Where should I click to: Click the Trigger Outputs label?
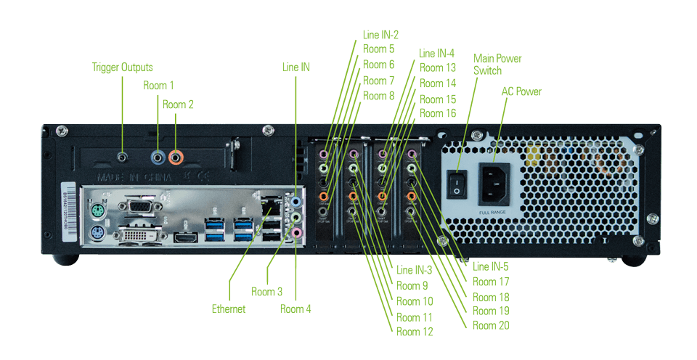coord(122,67)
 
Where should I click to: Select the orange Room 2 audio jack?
coord(175,155)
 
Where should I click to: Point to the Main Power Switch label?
coord(497,65)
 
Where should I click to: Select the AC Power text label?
coord(521,92)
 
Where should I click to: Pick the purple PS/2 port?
coord(97,234)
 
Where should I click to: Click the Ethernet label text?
coord(229,309)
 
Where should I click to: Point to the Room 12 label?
coord(414,332)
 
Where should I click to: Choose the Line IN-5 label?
coord(490,267)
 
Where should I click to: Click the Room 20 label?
coord(490,325)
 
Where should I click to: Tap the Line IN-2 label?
coord(380,34)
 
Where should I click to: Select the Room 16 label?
coord(437,114)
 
